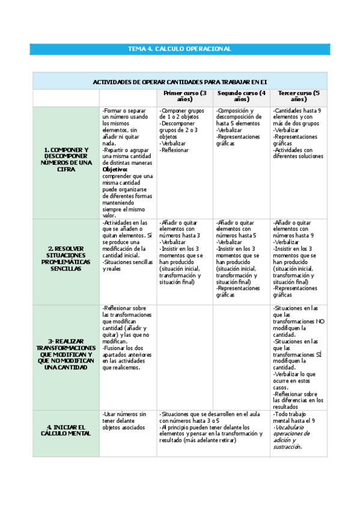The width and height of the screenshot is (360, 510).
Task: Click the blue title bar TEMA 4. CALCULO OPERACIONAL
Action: point(180,49)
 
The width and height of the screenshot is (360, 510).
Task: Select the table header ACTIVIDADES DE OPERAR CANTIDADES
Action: point(180,81)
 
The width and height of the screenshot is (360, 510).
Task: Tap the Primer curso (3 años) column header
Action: point(185,96)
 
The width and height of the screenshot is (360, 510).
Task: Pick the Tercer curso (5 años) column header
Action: point(299,96)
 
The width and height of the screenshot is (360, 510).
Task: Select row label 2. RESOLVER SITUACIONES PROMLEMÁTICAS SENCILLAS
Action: point(66,258)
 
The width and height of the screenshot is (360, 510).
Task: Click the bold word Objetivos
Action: point(115,170)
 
